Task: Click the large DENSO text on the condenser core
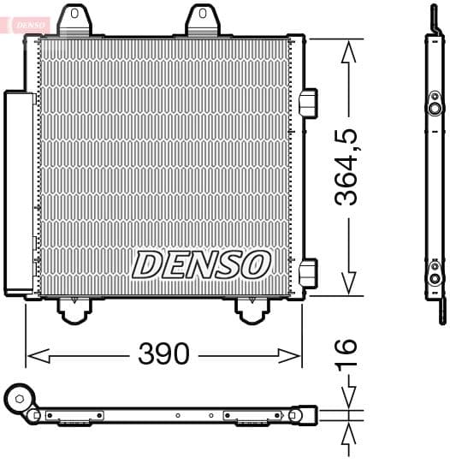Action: [x=201, y=264]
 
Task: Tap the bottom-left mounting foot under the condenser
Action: [x=75, y=310]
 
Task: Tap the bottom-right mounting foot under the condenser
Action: [x=252, y=310]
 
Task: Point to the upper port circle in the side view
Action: [x=435, y=109]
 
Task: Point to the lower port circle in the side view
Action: [x=435, y=277]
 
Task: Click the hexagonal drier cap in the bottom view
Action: [x=19, y=397]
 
